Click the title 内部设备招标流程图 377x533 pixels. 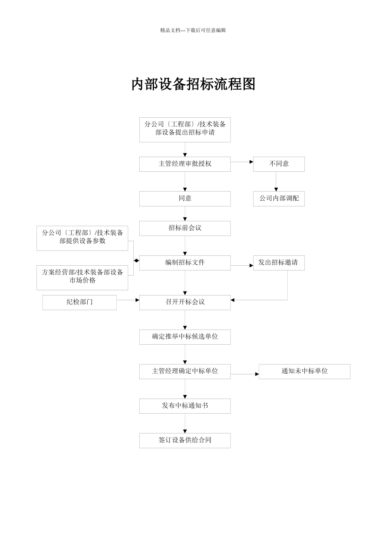[x=193, y=84]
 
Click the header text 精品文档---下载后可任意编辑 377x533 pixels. [x=193, y=30]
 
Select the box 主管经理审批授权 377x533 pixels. [x=185, y=164]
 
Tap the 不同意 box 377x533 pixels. [x=279, y=164]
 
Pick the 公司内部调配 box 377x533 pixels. [x=279, y=199]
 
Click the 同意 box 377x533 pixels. [x=185, y=199]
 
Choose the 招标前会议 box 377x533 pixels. [x=185, y=228]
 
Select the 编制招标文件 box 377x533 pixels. [x=185, y=263]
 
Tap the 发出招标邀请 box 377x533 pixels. [x=279, y=263]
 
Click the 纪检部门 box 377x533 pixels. [x=79, y=303]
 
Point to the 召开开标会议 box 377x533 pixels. [x=185, y=303]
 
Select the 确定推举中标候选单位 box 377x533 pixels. [x=185, y=337]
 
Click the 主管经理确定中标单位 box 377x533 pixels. [x=185, y=372]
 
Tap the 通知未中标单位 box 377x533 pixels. [x=304, y=372]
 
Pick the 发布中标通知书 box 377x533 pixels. [x=185, y=406]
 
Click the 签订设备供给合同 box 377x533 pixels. [x=185, y=441]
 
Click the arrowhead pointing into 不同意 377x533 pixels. [x=251, y=162]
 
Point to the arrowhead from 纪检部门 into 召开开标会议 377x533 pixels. [x=137, y=300]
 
